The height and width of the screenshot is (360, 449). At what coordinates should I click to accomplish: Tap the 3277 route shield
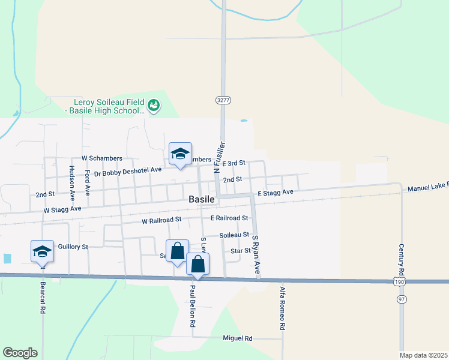point(223,100)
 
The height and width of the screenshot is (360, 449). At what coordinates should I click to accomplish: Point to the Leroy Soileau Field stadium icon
point(154,106)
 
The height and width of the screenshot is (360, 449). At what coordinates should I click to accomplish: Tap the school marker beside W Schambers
point(180,154)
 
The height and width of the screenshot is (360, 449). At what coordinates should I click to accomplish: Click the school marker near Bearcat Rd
point(42,251)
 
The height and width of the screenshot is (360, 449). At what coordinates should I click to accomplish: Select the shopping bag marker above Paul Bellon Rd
point(198,264)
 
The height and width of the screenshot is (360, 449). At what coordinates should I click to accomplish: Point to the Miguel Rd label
point(237,338)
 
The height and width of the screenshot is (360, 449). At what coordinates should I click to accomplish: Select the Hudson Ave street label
point(71,182)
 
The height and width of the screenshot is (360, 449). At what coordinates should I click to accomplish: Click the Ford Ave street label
point(88,182)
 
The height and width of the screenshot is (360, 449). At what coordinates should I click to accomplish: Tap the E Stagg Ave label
point(276,193)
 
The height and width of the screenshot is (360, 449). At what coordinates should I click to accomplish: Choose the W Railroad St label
point(161,221)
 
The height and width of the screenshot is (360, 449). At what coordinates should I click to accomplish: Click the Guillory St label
point(73,247)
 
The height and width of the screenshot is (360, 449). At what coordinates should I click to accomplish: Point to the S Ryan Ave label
point(256,254)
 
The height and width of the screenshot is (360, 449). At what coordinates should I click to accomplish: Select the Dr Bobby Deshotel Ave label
point(128,171)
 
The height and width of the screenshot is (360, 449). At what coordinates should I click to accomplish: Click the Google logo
point(20,353)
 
